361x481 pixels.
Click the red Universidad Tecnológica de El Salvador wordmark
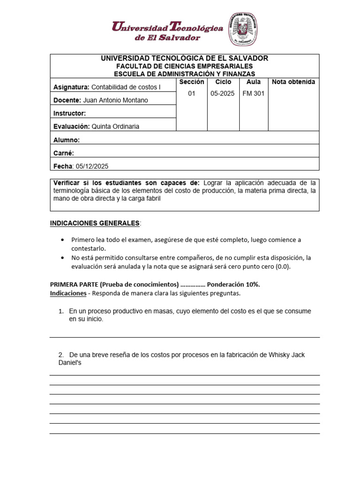(x=167, y=31)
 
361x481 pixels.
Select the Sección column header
(x=191, y=82)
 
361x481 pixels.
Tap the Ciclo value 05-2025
(x=222, y=93)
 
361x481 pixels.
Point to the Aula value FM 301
(x=253, y=93)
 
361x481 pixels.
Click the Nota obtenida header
(x=293, y=82)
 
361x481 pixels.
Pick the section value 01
(x=191, y=93)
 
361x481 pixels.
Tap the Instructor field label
(x=70, y=113)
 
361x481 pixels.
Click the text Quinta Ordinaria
(x=115, y=126)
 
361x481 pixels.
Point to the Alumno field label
(x=67, y=140)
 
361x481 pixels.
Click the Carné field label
(x=64, y=153)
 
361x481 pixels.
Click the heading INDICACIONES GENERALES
(x=95, y=223)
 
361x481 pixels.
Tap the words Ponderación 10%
(x=233, y=284)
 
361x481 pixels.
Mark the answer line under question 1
(x=185, y=337)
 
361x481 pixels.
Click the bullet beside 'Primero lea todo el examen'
(x=63, y=240)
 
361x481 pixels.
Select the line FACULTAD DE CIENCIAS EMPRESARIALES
(x=184, y=66)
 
